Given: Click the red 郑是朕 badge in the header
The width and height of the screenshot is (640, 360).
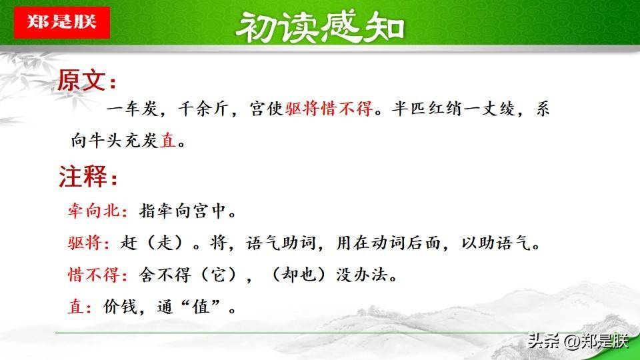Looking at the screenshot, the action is click(x=61, y=23).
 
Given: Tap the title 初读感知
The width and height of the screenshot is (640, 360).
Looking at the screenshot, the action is click(x=320, y=27).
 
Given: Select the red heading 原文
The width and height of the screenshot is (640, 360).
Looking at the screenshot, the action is click(x=81, y=80).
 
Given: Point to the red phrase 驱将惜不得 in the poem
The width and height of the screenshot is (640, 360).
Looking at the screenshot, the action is click(x=329, y=109).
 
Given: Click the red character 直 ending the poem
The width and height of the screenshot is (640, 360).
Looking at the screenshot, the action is click(x=168, y=141).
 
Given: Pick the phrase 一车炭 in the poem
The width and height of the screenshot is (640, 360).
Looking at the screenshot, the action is click(x=132, y=109).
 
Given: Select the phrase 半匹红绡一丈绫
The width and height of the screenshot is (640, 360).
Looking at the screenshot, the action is click(x=454, y=109).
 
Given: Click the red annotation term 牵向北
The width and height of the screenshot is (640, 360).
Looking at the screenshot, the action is click(x=93, y=211).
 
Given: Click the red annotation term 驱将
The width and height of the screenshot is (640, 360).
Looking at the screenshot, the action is click(x=85, y=243).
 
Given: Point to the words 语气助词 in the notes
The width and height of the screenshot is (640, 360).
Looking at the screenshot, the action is click(x=281, y=243).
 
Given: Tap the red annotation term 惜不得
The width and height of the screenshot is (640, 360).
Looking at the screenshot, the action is click(x=93, y=275).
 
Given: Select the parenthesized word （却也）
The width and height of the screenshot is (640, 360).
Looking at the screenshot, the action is click(x=299, y=275).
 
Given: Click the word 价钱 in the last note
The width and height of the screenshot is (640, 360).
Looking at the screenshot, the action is click(x=120, y=307).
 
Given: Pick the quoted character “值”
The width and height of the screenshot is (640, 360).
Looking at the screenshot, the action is click(x=201, y=307).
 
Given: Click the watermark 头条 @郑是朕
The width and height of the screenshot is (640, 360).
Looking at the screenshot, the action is click(x=577, y=341).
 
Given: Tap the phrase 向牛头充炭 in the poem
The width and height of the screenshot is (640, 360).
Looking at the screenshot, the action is click(x=114, y=141).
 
